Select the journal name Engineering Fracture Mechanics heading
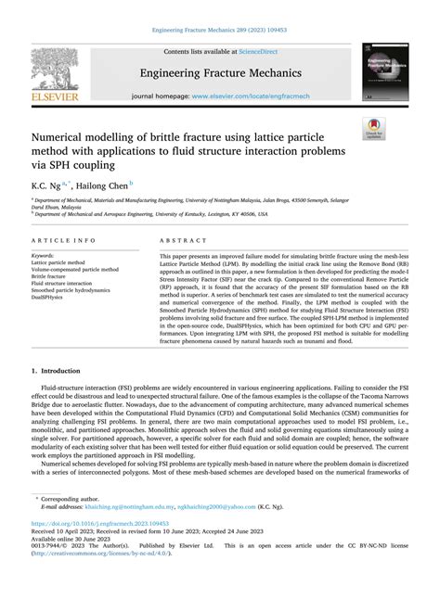point(220,71)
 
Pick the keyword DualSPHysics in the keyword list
point(55,298)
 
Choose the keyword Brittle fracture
point(54,276)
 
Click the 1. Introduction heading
point(61,371)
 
